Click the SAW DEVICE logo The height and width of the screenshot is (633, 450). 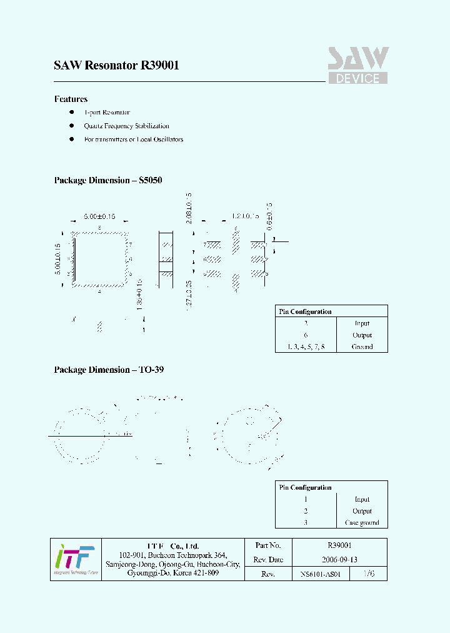(x=358, y=66)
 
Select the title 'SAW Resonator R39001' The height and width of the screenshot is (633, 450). (x=117, y=65)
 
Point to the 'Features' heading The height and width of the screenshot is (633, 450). (x=71, y=99)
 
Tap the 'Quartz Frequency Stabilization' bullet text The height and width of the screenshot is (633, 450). (x=126, y=126)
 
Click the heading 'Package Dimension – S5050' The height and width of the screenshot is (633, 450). (x=108, y=180)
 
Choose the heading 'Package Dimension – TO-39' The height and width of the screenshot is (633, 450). (x=109, y=370)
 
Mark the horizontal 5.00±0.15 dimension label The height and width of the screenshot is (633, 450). (x=99, y=216)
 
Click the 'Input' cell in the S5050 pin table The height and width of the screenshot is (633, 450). (x=362, y=323)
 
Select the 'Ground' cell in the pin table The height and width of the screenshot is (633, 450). (x=362, y=347)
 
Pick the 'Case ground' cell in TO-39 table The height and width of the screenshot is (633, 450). (x=362, y=523)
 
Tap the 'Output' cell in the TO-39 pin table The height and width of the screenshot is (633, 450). (x=362, y=511)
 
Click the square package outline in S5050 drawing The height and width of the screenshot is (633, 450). (x=100, y=260)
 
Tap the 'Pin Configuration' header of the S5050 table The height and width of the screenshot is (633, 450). (x=306, y=311)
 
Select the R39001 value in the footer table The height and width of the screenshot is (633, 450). (x=339, y=545)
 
